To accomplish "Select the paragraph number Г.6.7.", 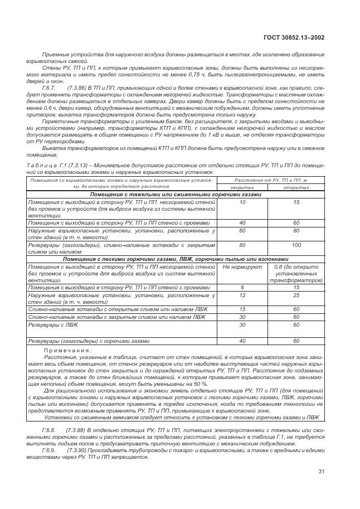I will click(49, 88).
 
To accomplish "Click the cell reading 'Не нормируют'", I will click(242, 267).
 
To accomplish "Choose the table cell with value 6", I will click(242, 287).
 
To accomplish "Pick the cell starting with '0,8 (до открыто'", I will click(296, 267).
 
